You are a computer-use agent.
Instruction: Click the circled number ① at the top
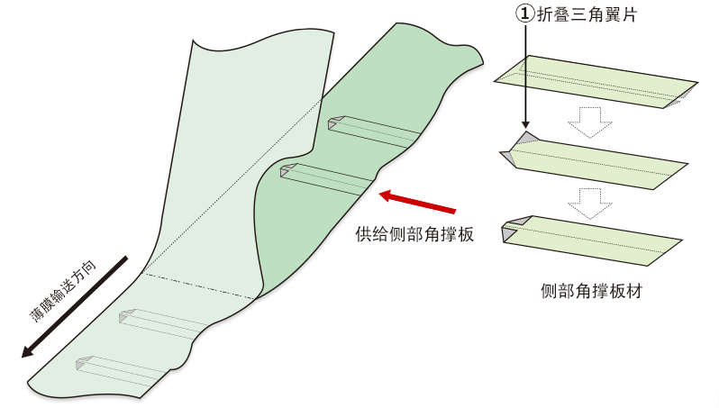tap(525, 14)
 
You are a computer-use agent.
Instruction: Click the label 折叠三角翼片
tap(587, 14)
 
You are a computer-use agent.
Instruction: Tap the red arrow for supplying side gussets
tap(417, 203)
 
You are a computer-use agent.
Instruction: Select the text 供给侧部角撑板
tap(414, 234)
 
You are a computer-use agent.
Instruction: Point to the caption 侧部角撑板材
tap(591, 291)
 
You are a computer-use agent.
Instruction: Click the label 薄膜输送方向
tap(63, 291)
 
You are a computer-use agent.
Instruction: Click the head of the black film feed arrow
tap(29, 351)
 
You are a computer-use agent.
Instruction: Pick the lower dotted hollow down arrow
tap(590, 203)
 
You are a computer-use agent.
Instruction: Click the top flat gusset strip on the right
tap(596, 82)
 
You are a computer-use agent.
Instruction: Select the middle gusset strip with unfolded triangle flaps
tap(594, 161)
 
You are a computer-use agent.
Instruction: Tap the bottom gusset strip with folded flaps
tap(592, 240)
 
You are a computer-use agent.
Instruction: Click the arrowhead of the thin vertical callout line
tap(525, 124)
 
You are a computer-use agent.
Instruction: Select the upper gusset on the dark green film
tap(374, 132)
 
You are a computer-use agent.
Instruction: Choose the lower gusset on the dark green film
tap(326, 179)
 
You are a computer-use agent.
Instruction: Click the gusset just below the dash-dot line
tap(163, 324)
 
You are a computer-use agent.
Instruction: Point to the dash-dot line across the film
tap(199, 286)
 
